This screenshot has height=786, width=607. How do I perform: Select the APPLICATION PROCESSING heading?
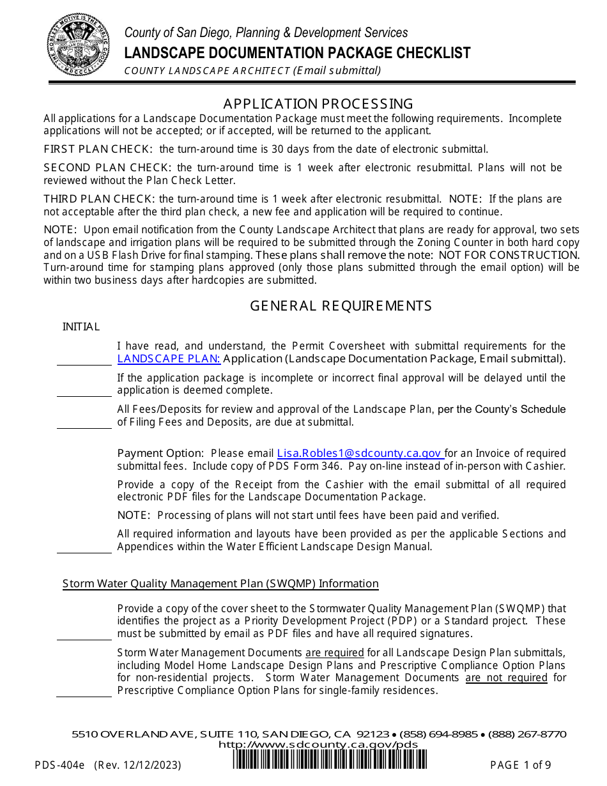click(318, 104)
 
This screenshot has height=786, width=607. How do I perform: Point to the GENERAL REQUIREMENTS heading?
click(341, 306)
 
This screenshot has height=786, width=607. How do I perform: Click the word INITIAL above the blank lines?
click(81, 327)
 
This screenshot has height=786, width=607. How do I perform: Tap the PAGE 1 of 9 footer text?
click(520, 765)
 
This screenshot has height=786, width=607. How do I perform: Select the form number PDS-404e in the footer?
click(63, 765)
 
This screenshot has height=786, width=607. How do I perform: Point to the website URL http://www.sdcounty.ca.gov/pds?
click(318, 744)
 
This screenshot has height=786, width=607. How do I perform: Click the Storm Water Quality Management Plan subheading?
click(220, 583)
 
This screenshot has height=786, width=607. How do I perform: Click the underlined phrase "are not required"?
click(506, 677)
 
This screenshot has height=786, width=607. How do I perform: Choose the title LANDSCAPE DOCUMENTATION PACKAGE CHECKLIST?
click(297, 52)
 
